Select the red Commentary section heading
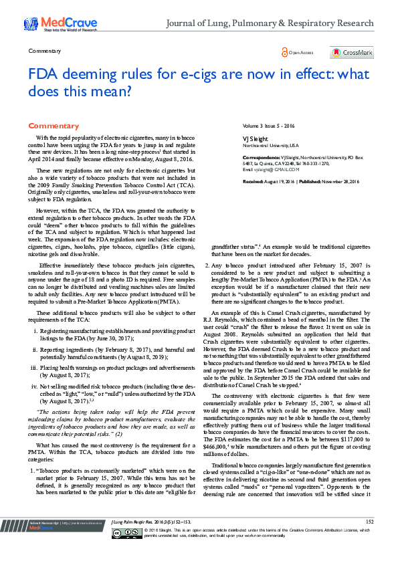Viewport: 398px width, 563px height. click(x=54, y=126)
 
